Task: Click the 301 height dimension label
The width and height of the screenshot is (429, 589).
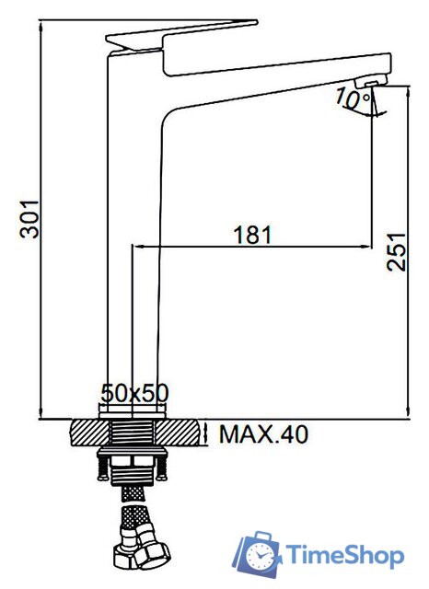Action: pyautogui.click(x=29, y=219)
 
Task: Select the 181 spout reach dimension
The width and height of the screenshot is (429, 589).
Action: pyautogui.click(x=252, y=235)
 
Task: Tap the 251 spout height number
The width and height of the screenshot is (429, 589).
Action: pyautogui.click(x=396, y=252)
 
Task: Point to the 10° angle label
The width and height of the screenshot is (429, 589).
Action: pyautogui.click(x=354, y=98)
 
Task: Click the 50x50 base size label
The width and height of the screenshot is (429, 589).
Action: pyautogui.click(x=134, y=393)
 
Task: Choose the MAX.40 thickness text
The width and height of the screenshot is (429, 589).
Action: pyautogui.click(x=263, y=434)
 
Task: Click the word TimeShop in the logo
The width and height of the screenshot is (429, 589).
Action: pyautogui.click(x=345, y=556)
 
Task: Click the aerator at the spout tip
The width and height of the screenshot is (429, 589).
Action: pyautogui.click(x=371, y=80)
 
